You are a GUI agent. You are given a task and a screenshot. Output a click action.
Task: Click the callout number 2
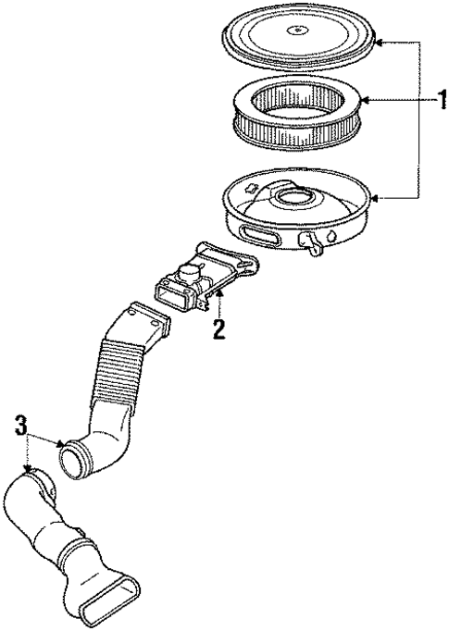218,329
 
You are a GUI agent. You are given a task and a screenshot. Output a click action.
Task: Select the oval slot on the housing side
256,231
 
